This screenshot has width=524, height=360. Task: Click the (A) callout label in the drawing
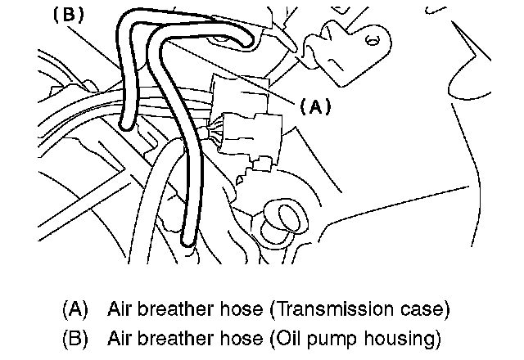[x=314, y=107]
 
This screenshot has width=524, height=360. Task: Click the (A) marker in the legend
[x=75, y=311]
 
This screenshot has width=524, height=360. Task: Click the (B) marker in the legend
[x=75, y=337]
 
